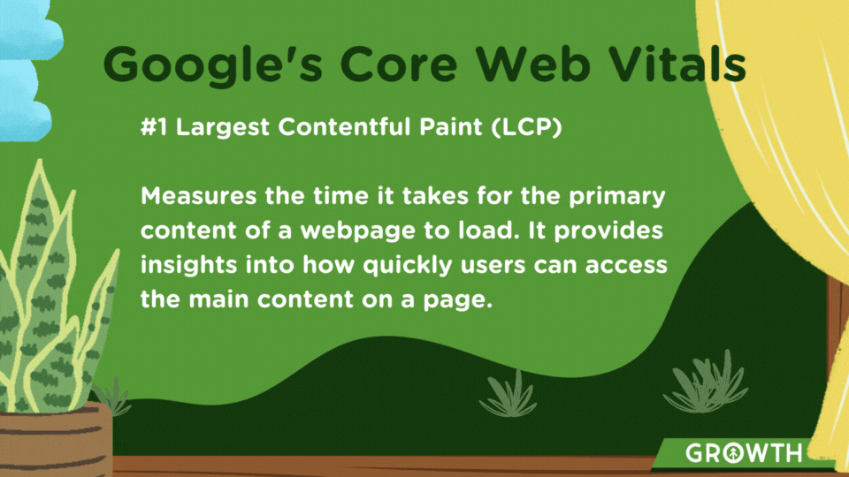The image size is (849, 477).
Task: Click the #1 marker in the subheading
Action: [x=154, y=127]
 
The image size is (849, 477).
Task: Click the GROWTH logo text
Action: [x=744, y=453]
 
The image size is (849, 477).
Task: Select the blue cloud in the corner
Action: [x=27, y=71]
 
